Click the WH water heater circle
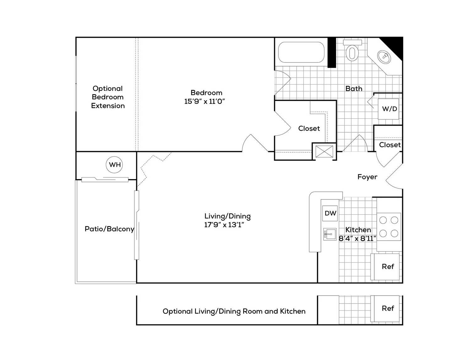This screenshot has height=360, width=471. click(x=114, y=165)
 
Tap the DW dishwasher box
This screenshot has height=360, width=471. click(x=330, y=213)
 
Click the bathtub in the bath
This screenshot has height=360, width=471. click(x=301, y=52)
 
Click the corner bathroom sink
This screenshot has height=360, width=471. click(x=384, y=57)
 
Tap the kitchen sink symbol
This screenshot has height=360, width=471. click(x=330, y=234)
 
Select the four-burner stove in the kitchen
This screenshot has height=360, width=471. click(x=389, y=227)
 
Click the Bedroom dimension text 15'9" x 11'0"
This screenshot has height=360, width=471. click(x=204, y=101)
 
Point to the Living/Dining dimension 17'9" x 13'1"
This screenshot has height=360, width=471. click(x=224, y=225)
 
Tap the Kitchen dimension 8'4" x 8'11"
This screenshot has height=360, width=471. click(x=357, y=238)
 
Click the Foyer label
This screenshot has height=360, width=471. click(x=367, y=177)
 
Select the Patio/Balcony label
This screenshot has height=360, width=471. click(x=109, y=229)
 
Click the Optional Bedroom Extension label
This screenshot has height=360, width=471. click(x=108, y=97)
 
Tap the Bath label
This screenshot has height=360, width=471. click(x=354, y=89)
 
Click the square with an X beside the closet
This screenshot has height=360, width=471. click(x=324, y=151)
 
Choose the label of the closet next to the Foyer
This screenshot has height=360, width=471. click(x=390, y=145)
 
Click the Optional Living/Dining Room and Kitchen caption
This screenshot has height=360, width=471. click(x=234, y=311)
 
